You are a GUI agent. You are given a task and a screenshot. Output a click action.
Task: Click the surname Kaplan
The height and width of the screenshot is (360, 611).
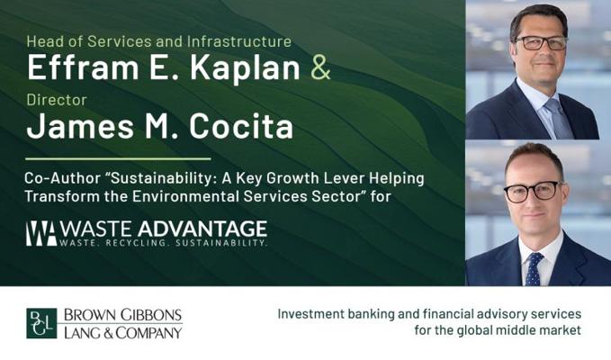[x=245, y=68]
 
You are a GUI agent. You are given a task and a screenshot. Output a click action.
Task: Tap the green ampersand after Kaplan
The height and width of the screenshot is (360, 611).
[x=320, y=68]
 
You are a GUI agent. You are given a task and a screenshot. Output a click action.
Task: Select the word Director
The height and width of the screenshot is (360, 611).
[x=57, y=100]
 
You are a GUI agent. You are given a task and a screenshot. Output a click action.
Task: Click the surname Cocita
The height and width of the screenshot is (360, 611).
[x=241, y=127]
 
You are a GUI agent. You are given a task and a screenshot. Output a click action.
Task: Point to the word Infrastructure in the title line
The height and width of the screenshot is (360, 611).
[x=238, y=41]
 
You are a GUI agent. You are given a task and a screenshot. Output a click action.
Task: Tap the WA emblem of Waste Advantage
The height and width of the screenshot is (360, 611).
[x=41, y=233]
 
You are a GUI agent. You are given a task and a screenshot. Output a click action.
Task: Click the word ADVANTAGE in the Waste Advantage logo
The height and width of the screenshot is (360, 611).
[x=202, y=229]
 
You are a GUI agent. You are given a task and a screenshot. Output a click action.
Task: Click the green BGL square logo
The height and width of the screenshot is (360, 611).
[x=41, y=323]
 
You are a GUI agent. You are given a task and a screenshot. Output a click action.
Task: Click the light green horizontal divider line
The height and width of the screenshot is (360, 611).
[x=118, y=159]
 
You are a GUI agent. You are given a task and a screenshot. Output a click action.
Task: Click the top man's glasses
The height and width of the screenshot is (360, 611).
[x=541, y=42]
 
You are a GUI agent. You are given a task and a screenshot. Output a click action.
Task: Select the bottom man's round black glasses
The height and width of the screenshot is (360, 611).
[x=533, y=192]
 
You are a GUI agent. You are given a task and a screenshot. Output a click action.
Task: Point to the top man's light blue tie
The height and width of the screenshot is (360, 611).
[x=558, y=119]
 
